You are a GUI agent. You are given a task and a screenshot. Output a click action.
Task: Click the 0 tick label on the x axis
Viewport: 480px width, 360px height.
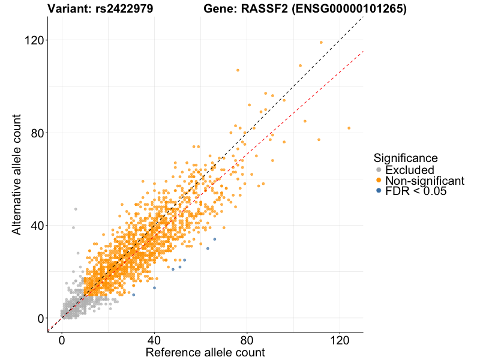point(62,339)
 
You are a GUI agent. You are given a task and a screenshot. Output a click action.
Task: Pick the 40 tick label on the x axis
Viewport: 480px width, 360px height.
point(155,339)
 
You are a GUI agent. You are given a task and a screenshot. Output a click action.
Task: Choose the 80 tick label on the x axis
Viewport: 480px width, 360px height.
point(247,339)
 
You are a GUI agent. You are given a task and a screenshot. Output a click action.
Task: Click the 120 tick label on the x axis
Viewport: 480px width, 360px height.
point(340,339)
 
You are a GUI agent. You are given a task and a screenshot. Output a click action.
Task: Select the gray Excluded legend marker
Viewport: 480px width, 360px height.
point(378,170)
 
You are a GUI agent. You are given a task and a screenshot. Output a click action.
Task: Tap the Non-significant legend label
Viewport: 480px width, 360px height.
point(425,181)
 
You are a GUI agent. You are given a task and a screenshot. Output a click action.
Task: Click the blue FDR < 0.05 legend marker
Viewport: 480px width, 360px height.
point(378,191)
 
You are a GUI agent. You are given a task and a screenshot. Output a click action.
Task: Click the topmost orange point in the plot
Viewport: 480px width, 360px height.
point(321,43)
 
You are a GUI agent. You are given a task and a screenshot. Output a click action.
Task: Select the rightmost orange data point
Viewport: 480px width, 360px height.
point(349,128)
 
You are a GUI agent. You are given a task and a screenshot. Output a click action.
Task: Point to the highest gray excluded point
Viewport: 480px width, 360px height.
point(76,209)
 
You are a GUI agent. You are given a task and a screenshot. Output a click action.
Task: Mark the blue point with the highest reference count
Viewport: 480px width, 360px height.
point(215,239)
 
